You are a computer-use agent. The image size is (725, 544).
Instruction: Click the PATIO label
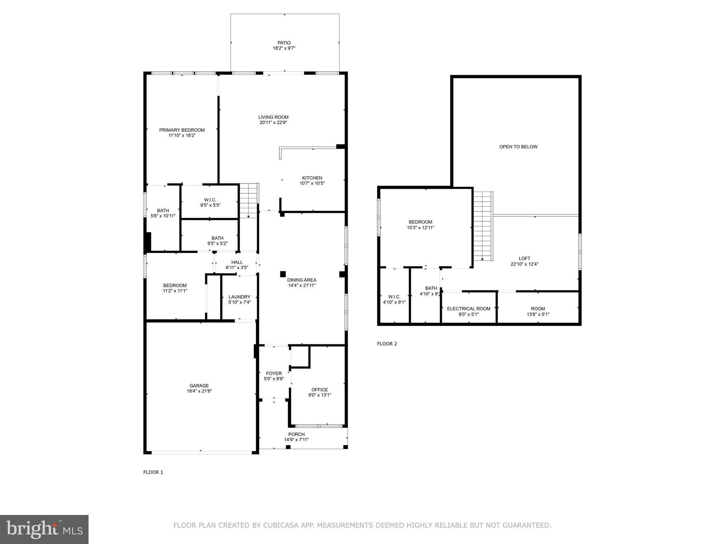(x=284, y=43)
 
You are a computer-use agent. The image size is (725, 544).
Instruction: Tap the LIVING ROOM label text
(x=273, y=117)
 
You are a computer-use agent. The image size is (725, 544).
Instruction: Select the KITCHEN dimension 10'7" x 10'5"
(x=312, y=183)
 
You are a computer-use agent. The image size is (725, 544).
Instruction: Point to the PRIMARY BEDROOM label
(x=182, y=130)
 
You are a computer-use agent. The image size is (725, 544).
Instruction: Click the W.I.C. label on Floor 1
(x=210, y=200)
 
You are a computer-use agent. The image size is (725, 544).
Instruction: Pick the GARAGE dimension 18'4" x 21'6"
(x=199, y=391)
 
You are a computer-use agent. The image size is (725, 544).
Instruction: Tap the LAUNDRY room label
(x=239, y=297)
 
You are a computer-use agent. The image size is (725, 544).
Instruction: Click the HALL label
(x=237, y=262)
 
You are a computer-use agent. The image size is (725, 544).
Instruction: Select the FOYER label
(x=274, y=373)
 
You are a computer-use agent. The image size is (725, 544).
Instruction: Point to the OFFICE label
(x=319, y=390)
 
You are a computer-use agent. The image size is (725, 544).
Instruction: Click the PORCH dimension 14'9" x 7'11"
(x=296, y=440)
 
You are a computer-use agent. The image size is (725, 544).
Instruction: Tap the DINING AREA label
(x=301, y=280)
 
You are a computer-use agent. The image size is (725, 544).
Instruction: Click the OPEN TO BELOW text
(x=518, y=147)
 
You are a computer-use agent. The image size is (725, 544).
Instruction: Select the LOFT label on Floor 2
(x=524, y=259)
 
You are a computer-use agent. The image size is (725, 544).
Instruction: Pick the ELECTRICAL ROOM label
(x=468, y=309)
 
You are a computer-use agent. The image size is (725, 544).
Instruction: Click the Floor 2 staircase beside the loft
(x=483, y=227)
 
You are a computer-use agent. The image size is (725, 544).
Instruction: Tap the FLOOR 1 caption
(x=153, y=472)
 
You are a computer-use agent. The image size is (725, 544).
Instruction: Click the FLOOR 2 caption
(x=387, y=344)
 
